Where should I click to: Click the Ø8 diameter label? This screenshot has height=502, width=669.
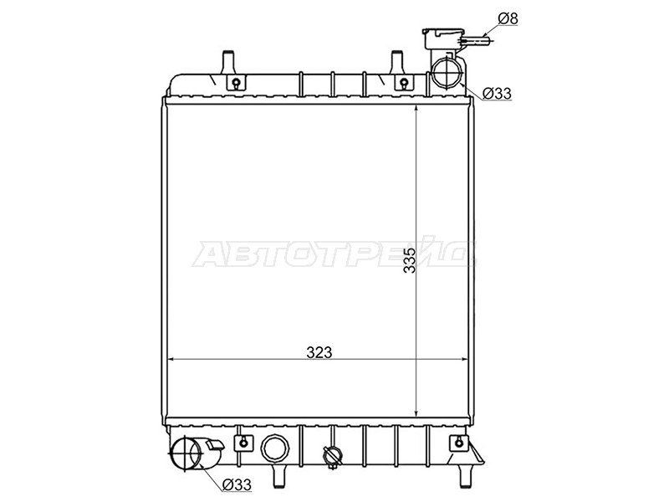508,18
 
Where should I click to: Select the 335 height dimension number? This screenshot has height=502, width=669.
410,259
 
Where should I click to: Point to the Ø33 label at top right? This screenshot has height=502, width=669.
497,94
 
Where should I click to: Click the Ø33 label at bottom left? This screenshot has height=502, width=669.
237,484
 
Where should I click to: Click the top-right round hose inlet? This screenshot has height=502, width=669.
447,72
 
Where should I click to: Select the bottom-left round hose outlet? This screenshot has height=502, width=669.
186,453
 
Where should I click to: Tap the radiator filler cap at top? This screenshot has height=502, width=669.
443,38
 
